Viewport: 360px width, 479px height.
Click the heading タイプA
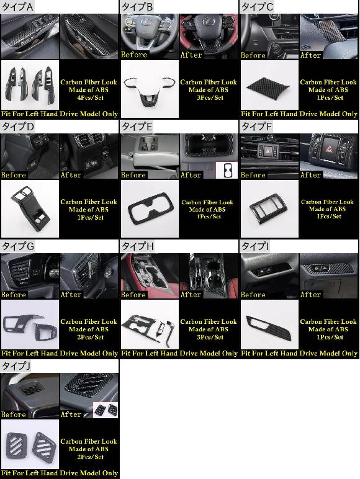(18, 7)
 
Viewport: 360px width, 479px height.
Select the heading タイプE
(137, 127)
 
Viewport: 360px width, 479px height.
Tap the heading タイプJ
(16, 366)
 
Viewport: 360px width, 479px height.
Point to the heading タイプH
(138, 246)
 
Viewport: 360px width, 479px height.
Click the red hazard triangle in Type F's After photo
(329, 149)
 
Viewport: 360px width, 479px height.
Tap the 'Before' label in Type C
(253, 55)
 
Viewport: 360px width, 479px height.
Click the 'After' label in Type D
(71, 175)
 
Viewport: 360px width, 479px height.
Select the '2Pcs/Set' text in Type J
(90, 457)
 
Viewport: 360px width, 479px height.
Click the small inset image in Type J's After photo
(106, 410)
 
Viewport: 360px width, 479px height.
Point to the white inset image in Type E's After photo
(227, 170)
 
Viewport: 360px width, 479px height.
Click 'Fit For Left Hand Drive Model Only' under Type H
(179, 354)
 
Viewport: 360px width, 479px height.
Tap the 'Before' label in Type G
(14, 295)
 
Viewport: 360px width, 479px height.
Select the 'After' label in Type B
(191, 55)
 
